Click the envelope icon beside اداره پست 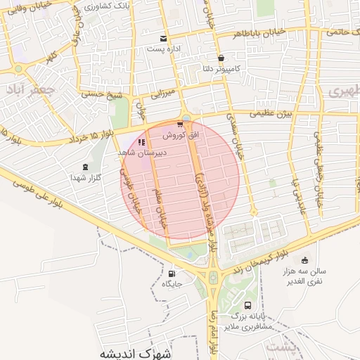click(164, 39)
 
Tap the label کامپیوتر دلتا click(218, 70)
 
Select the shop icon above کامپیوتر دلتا click(221, 58)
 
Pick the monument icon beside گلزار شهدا click(86, 167)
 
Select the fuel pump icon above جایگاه click(172, 274)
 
